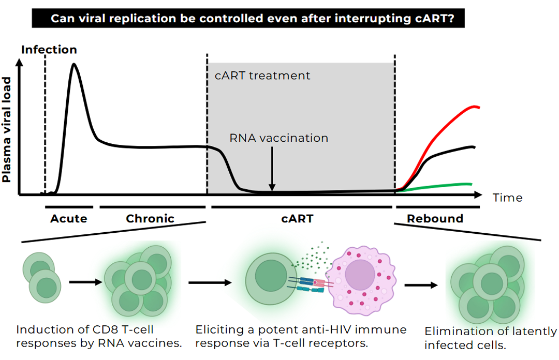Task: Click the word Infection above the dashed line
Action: pyautogui.click(x=49, y=50)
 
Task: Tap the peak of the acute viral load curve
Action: pyautogui.click(x=74, y=65)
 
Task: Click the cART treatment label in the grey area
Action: pyautogui.click(x=262, y=76)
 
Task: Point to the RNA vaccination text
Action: pyautogui.click(x=279, y=138)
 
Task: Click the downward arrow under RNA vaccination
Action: pyautogui.click(x=272, y=171)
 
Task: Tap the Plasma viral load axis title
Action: pyautogui.click(x=7, y=129)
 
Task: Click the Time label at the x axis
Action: pyautogui.click(x=507, y=198)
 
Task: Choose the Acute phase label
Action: pyautogui.click(x=68, y=218)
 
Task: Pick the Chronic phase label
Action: pyautogui.click(x=150, y=218)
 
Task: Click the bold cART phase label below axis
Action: pyautogui.click(x=298, y=218)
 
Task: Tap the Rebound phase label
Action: pyautogui.click(x=435, y=218)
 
